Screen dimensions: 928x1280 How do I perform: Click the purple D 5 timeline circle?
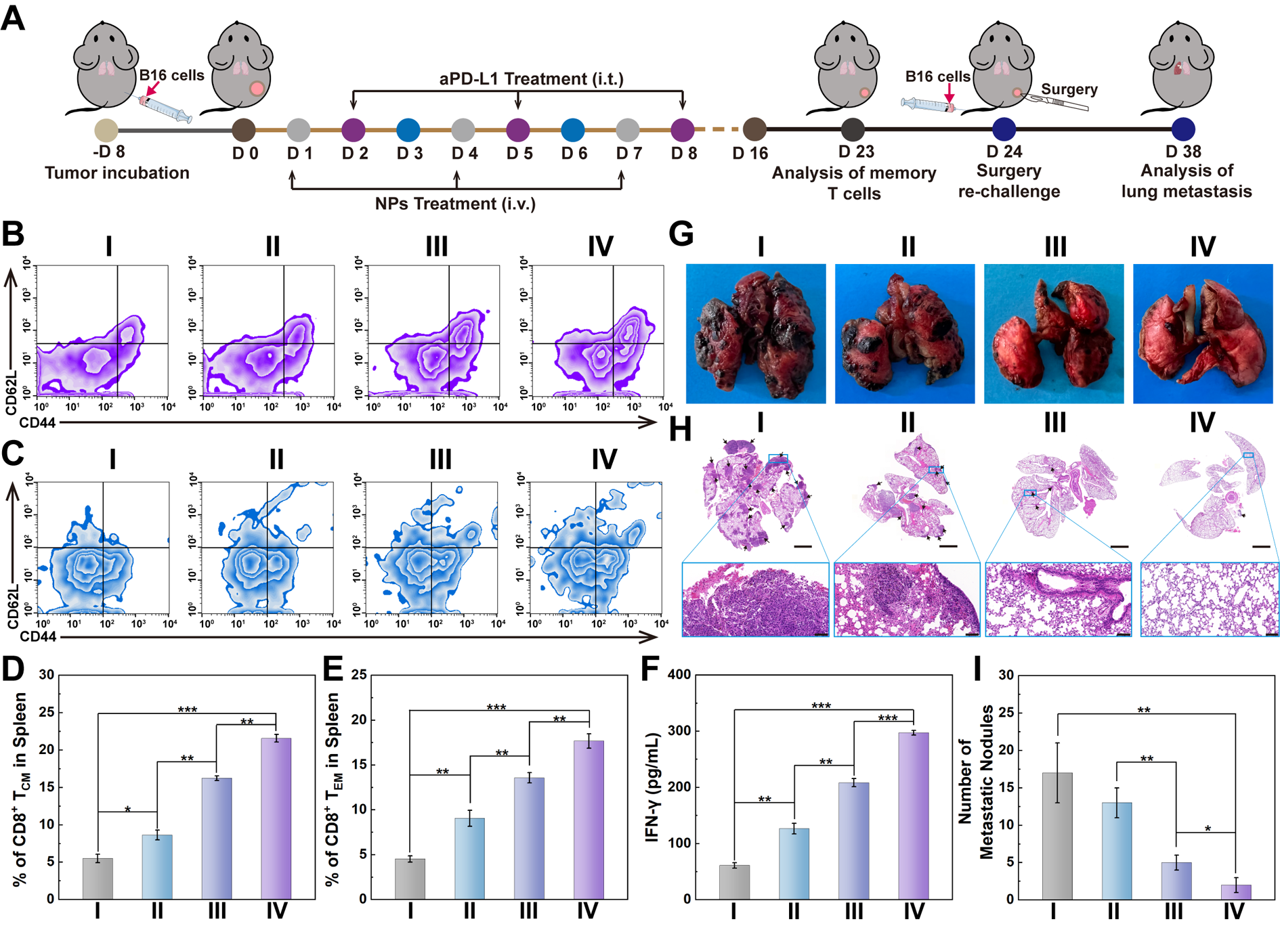click(517, 129)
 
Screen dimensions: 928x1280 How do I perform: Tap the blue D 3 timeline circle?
click(408, 129)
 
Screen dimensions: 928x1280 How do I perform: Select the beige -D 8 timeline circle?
click(106, 129)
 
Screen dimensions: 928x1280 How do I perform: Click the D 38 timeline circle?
click(1182, 129)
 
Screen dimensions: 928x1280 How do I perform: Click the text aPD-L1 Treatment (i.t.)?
click(531, 79)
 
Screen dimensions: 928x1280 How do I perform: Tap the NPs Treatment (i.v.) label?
click(455, 204)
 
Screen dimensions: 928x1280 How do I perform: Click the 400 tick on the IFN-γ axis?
click(679, 675)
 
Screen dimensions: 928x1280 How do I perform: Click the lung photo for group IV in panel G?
click(1202, 334)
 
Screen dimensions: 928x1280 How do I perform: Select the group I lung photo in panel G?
click(756, 334)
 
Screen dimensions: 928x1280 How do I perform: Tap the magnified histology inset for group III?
click(1058, 599)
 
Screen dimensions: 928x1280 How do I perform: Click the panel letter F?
click(649, 669)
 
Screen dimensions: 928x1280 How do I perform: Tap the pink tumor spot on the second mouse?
click(257, 89)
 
